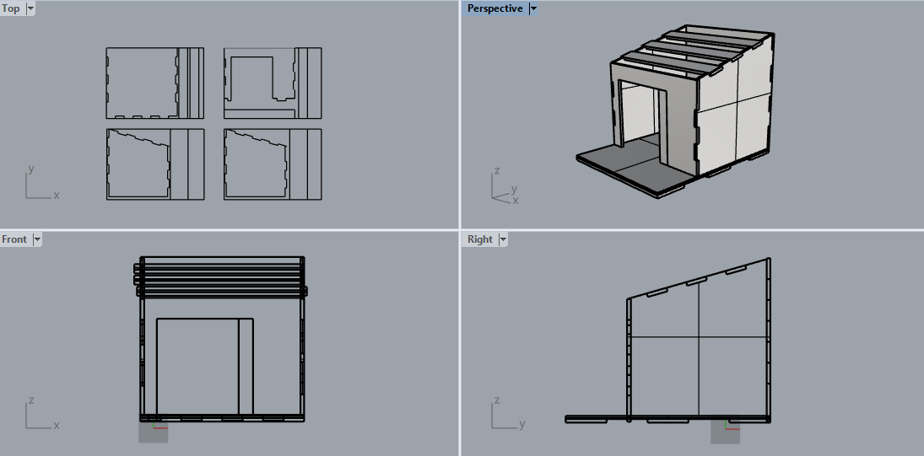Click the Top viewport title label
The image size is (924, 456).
[11, 8]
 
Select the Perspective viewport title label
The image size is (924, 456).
[495, 8]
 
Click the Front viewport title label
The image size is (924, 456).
[14, 239]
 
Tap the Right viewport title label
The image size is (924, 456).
[479, 239]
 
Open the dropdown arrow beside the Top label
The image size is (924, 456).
[30, 8]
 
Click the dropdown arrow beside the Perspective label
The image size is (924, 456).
[533, 8]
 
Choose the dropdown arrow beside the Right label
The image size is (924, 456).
[503, 239]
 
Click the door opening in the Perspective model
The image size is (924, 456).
[640, 121]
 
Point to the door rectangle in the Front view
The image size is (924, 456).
[204, 367]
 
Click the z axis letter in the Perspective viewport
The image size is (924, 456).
[497, 170]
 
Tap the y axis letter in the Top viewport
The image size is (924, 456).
[31, 169]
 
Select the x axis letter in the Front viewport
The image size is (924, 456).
[57, 425]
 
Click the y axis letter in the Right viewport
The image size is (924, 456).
[521, 424]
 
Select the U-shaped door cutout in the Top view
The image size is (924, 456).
[253, 77]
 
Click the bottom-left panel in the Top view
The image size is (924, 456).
[155, 164]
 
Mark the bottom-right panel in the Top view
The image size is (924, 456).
[273, 164]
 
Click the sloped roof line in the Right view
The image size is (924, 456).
[699, 278]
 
